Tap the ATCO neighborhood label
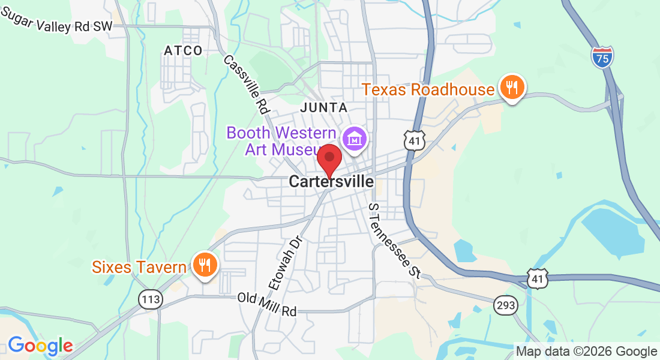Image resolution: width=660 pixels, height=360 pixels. pyautogui.click(x=183, y=51)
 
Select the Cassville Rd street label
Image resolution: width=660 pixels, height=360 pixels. pyautogui.click(x=246, y=84)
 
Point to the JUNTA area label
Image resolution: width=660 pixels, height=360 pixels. pyautogui.click(x=323, y=108)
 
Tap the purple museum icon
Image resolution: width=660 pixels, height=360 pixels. pyautogui.click(x=355, y=139)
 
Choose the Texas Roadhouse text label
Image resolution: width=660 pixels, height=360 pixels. pyautogui.click(x=428, y=90)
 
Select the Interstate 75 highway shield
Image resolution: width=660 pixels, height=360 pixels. pyautogui.click(x=602, y=56)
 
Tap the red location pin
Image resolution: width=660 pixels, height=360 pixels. pyautogui.click(x=329, y=158)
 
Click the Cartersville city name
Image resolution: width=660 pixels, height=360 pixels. pyautogui.click(x=331, y=181)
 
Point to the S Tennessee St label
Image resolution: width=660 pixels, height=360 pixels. pyautogui.click(x=393, y=240)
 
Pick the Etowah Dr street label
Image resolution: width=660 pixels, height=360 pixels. pyautogui.click(x=286, y=262)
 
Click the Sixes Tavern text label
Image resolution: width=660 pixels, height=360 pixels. pyautogui.click(x=139, y=266)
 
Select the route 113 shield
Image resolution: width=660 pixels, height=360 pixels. pyautogui.click(x=149, y=299)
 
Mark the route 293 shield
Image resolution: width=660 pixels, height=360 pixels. pyautogui.click(x=506, y=305)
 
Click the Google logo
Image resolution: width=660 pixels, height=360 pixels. pyautogui.click(x=40, y=346)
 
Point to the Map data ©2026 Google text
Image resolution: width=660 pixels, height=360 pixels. pyautogui.click(x=587, y=352)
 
